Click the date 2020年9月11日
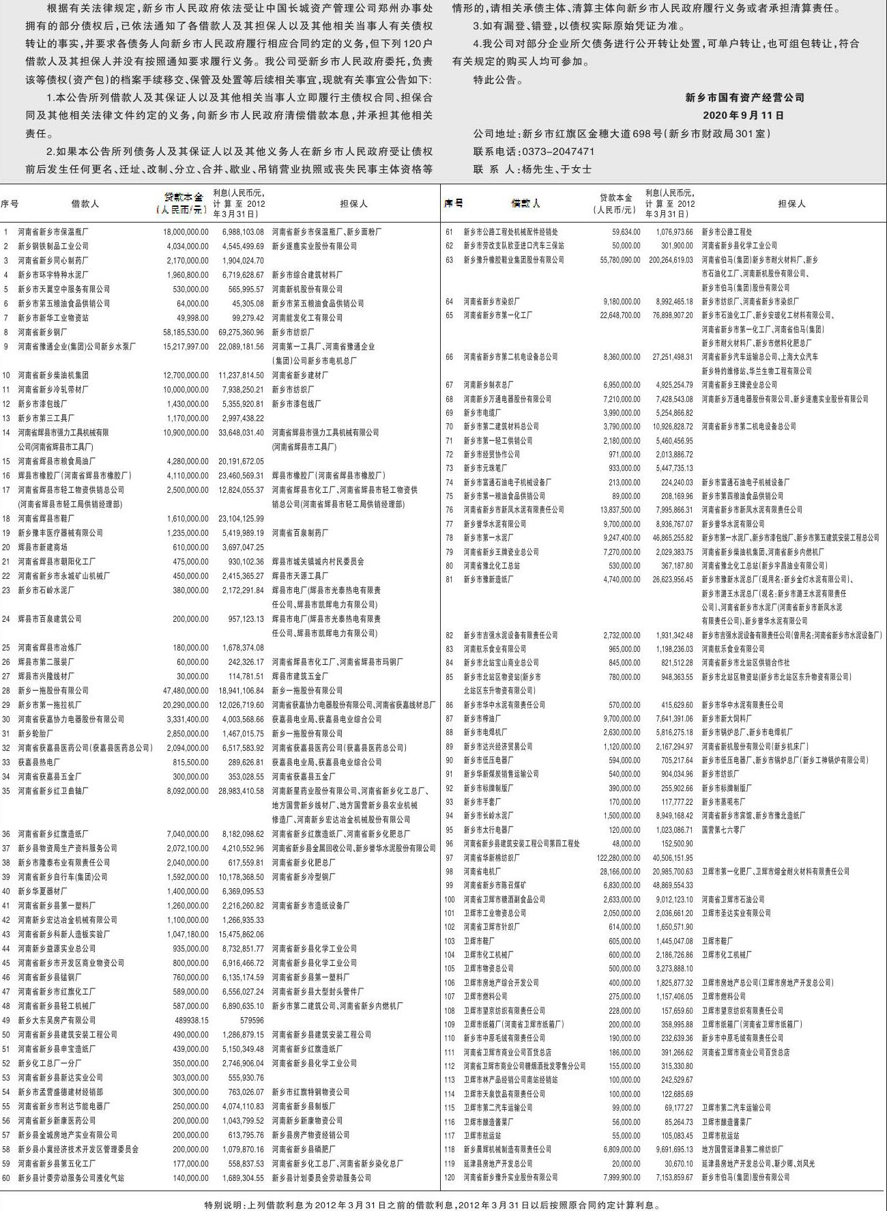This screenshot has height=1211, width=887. point(743,115)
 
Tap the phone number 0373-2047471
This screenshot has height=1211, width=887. point(557,152)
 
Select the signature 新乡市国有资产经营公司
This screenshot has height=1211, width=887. point(744,98)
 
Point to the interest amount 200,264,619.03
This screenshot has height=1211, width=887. point(671,260)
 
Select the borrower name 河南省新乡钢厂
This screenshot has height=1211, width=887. point(40,332)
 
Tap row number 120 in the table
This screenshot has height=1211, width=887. point(449,1178)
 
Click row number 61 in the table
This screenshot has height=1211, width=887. point(449,232)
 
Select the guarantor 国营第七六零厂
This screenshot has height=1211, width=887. point(723,830)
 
